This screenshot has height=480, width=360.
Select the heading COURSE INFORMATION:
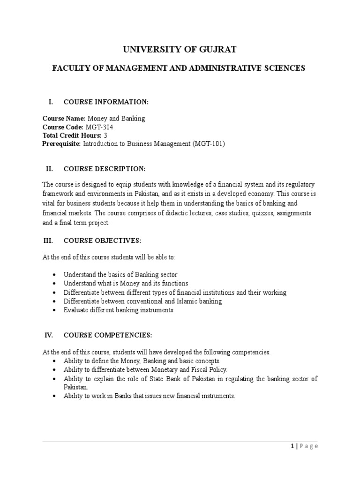(x=106, y=102)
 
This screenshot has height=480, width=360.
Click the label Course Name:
(x=64, y=119)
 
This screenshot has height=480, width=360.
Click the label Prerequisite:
(x=62, y=144)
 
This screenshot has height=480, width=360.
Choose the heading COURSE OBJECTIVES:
(x=102, y=240)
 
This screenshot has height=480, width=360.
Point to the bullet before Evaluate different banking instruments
(x=56, y=310)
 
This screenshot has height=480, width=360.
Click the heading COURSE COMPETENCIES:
(x=107, y=336)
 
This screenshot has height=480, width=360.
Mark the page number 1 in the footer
(x=291, y=446)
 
